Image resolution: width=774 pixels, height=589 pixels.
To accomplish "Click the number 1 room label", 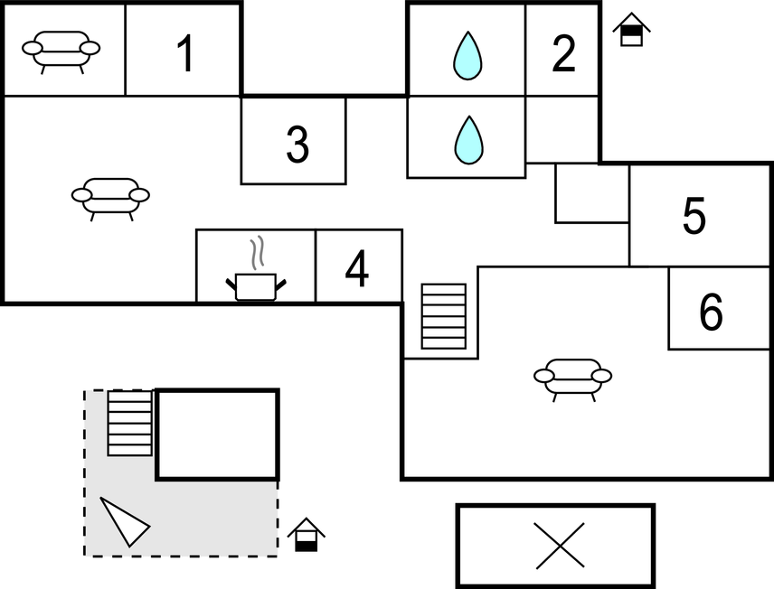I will tap(184, 53).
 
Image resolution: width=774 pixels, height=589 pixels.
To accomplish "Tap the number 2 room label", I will tap(563, 54).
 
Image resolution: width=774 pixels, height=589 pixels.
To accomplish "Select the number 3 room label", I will tap(297, 145).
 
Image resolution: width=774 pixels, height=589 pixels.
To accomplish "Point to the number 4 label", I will tap(357, 269).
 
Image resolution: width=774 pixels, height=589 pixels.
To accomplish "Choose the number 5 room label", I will tap(694, 217).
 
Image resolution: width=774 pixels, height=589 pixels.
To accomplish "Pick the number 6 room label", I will tap(712, 313).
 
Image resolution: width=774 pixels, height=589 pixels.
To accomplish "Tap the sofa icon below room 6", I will tap(572, 378).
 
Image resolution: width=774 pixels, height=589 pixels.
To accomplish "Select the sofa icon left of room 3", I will tap(110, 197).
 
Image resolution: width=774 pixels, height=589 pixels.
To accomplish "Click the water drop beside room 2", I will tap(467, 55).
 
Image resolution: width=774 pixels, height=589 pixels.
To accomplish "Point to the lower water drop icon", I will tap(467, 140).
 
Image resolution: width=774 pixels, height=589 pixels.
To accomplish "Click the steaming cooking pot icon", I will tap(255, 276).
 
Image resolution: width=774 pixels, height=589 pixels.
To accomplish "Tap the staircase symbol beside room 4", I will tap(444, 316).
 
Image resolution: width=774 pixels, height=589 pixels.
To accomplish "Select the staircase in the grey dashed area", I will tap(130, 423).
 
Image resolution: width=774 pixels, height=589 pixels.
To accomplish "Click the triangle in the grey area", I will tap(123, 521).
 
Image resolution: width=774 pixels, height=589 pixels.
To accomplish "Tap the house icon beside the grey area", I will tap(307, 535).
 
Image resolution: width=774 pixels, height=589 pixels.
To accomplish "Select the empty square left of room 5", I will tap(591, 192).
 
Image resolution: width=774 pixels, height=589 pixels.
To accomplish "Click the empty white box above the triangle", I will tap(217, 434).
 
